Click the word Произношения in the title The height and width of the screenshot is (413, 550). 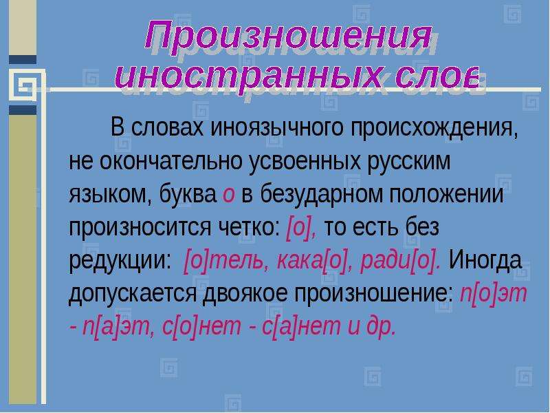pyautogui.click(x=288, y=36)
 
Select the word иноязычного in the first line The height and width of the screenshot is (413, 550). pyautogui.click(x=276, y=127)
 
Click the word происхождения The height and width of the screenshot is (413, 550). pyautogui.click(x=434, y=128)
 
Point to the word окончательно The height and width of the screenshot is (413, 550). pyautogui.click(x=170, y=161)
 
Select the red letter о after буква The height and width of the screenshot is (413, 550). pyautogui.click(x=228, y=195)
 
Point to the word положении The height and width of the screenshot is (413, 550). pyautogui.click(x=446, y=195)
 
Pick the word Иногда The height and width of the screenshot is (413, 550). pyautogui.click(x=485, y=261)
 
